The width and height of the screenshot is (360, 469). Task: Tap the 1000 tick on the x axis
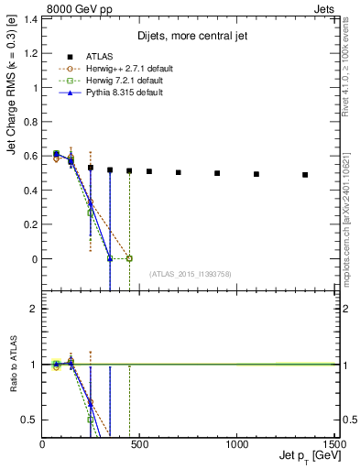(x=237, y=445)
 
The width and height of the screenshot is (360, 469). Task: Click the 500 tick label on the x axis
(x=140, y=445)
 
